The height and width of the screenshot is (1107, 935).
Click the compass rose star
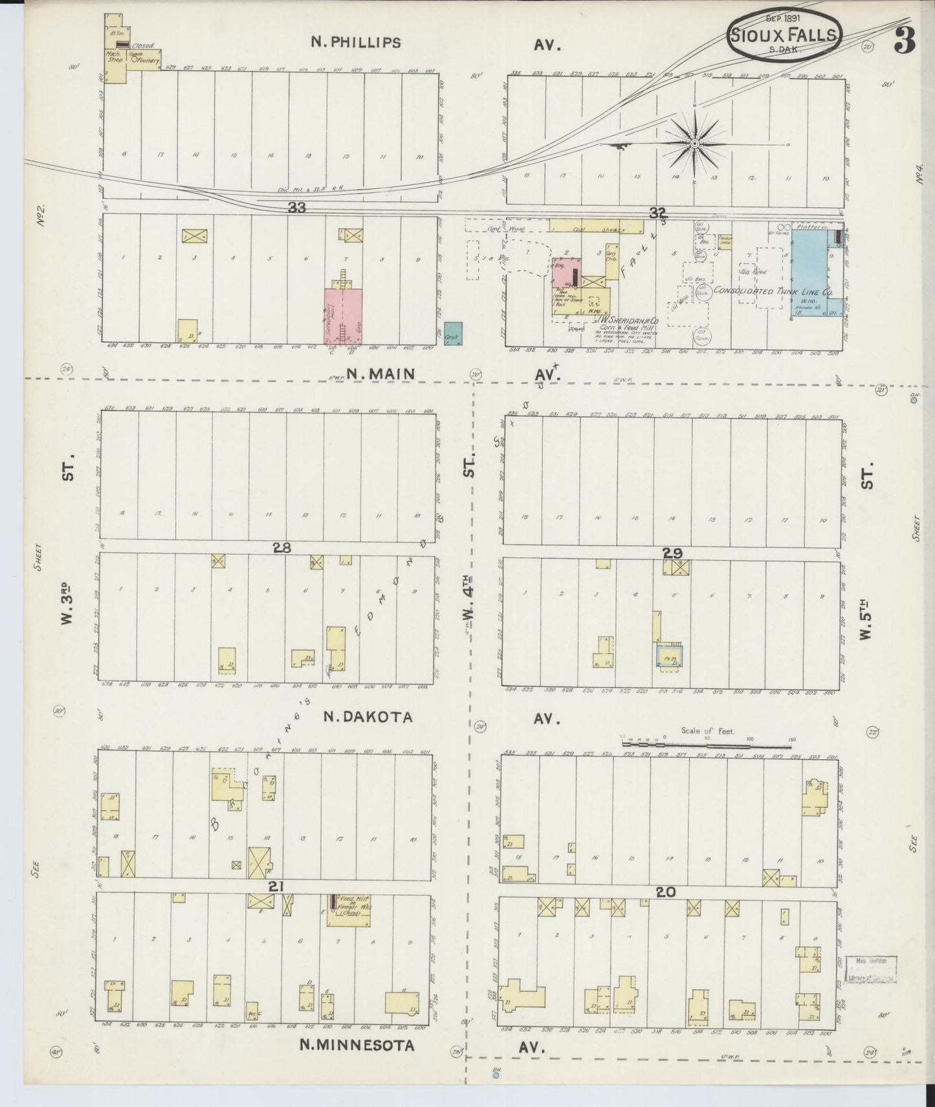click(x=694, y=143)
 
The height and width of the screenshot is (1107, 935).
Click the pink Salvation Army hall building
click(x=342, y=315)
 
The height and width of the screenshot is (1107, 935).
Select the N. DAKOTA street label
click(x=368, y=717)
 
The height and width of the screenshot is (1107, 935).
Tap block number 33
click(x=297, y=208)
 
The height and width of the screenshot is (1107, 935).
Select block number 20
click(x=666, y=892)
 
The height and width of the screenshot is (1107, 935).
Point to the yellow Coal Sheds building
click(x=596, y=226)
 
